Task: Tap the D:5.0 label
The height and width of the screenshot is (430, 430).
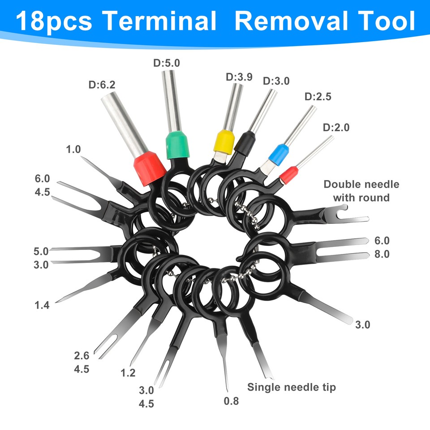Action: [x=167, y=63]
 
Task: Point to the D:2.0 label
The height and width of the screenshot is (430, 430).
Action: [x=336, y=128]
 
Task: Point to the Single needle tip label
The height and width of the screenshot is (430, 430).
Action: [x=292, y=387]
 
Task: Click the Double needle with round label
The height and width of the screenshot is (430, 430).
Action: [x=361, y=191]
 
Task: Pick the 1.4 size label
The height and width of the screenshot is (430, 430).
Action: [x=42, y=305]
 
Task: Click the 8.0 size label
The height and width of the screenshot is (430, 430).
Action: [x=382, y=254]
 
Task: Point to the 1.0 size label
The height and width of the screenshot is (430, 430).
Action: [x=73, y=149]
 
